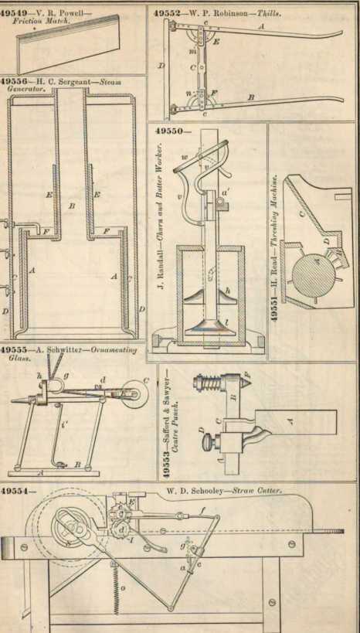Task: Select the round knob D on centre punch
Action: click(206, 443)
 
